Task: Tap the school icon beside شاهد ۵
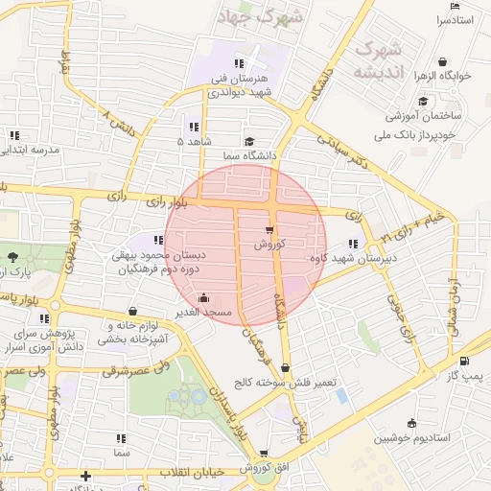(x=194, y=127)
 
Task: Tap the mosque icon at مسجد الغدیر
(x=202, y=298)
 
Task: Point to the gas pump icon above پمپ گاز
(x=465, y=362)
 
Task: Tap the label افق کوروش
(x=263, y=467)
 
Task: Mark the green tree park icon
(x=12, y=257)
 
